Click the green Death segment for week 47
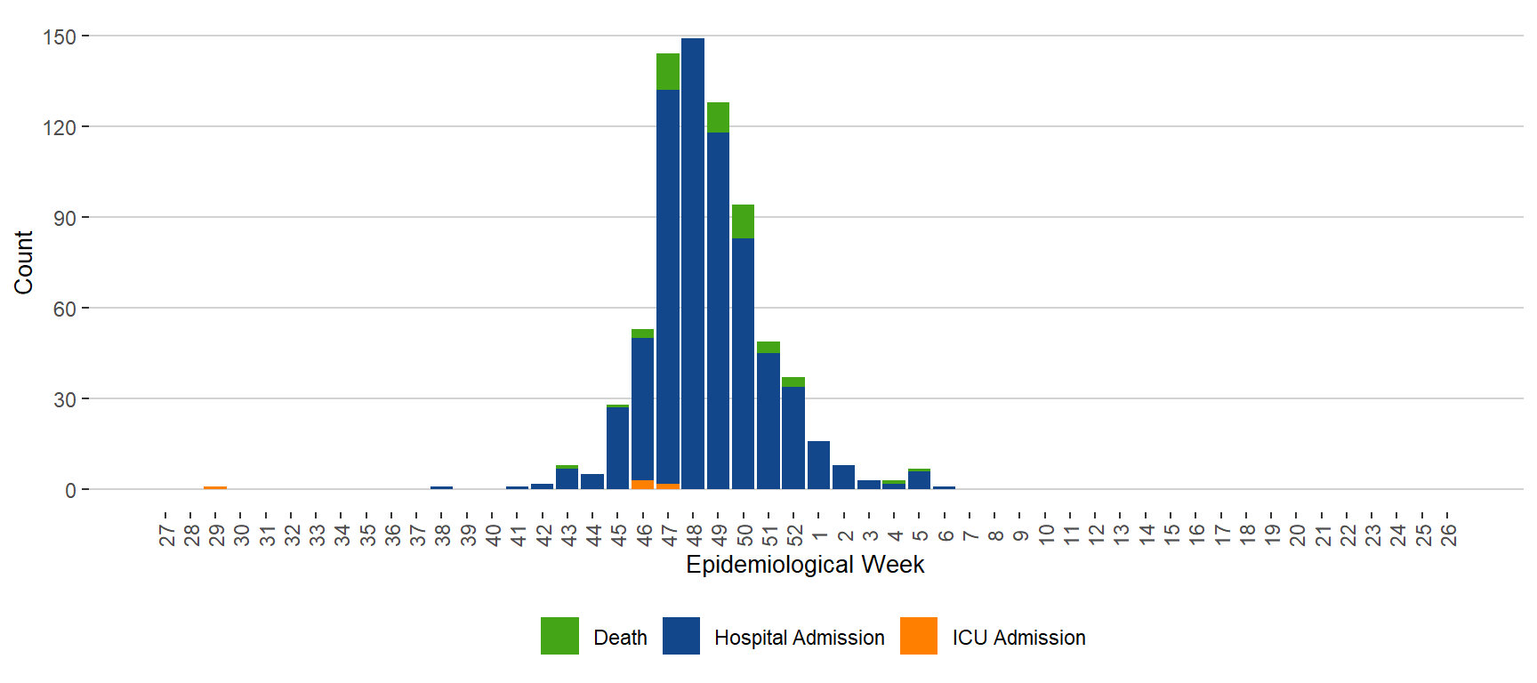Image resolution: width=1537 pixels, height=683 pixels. (x=668, y=71)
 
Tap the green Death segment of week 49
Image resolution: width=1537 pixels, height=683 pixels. (x=718, y=117)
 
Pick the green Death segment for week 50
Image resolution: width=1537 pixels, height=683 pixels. (x=743, y=221)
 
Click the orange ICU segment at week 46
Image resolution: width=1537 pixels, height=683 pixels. (x=642, y=485)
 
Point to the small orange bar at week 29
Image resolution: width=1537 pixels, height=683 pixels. (x=215, y=488)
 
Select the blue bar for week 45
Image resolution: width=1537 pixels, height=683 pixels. (x=617, y=448)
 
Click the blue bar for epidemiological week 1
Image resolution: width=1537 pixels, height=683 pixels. (x=818, y=465)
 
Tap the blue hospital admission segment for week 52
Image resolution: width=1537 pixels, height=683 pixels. (x=793, y=438)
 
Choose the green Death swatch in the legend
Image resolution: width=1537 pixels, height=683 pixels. (x=559, y=636)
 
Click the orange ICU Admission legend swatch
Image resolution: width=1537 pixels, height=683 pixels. (x=919, y=636)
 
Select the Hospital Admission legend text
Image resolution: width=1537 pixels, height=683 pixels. (x=799, y=638)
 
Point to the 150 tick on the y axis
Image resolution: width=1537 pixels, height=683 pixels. (x=60, y=37)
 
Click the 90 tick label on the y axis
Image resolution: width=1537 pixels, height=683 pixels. (x=65, y=219)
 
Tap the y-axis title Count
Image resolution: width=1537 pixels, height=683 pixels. (x=24, y=262)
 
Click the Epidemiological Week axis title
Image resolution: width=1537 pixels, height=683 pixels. (x=805, y=565)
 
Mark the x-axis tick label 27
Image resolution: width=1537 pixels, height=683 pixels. (x=166, y=534)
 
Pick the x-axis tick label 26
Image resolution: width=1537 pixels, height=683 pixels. (x=1448, y=534)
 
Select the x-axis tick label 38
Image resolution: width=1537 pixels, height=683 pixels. (x=442, y=534)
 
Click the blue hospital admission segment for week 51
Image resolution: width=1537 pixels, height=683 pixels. (x=768, y=421)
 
